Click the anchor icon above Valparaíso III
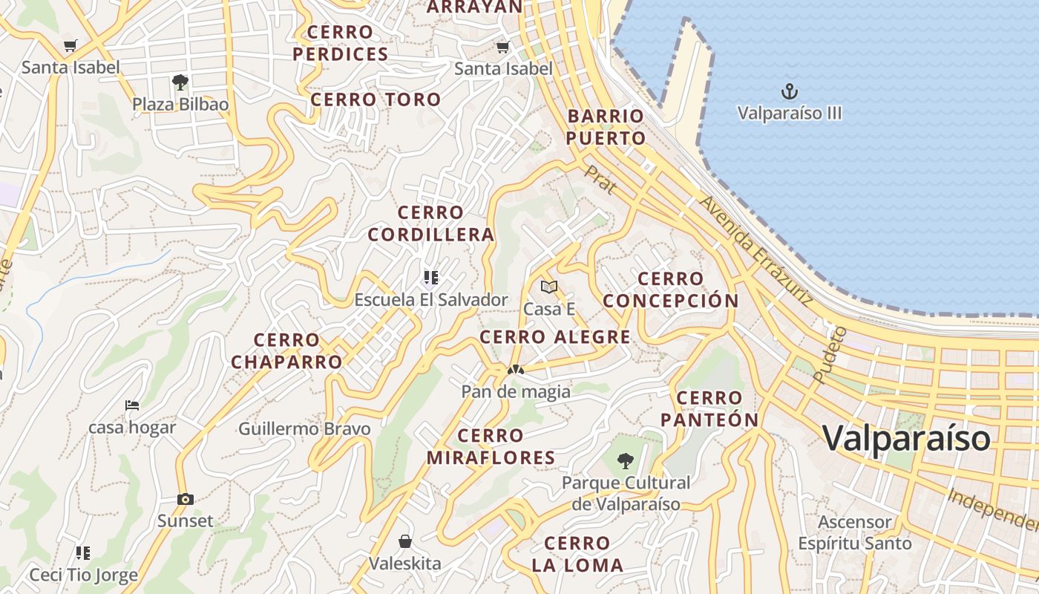pyautogui.click(x=790, y=92)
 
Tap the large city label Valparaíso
pyautogui.click(x=906, y=438)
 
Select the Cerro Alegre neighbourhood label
pyautogui.click(x=555, y=337)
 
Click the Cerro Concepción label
pyautogui.click(x=670, y=290)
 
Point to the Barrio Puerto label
pyautogui.click(x=606, y=127)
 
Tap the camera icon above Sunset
pyautogui.click(x=186, y=500)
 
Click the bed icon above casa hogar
pyautogui.click(x=132, y=405)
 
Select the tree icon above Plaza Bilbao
pyautogui.click(x=180, y=82)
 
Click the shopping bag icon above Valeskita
pyautogui.click(x=405, y=541)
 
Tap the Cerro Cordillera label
pyautogui.click(x=431, y=223)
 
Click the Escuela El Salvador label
pyautogui.click(x=431, y=300)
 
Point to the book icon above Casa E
pyautogui.click(x=549, y=287)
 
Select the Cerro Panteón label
pyautogui.click(x=709, y=409)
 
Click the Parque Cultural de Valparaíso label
pyautogui.click(x=626, y=493)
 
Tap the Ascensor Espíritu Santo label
pyautogui.click(x=854, y=532)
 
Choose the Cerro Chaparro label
pyautogui.click(x=286, y=351)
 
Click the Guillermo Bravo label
pyautogui.click(x=304, y=428)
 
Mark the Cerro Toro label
pyautogui.click(x=376, y=99)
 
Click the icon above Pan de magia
pyautogui.click(x=515, y=370)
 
